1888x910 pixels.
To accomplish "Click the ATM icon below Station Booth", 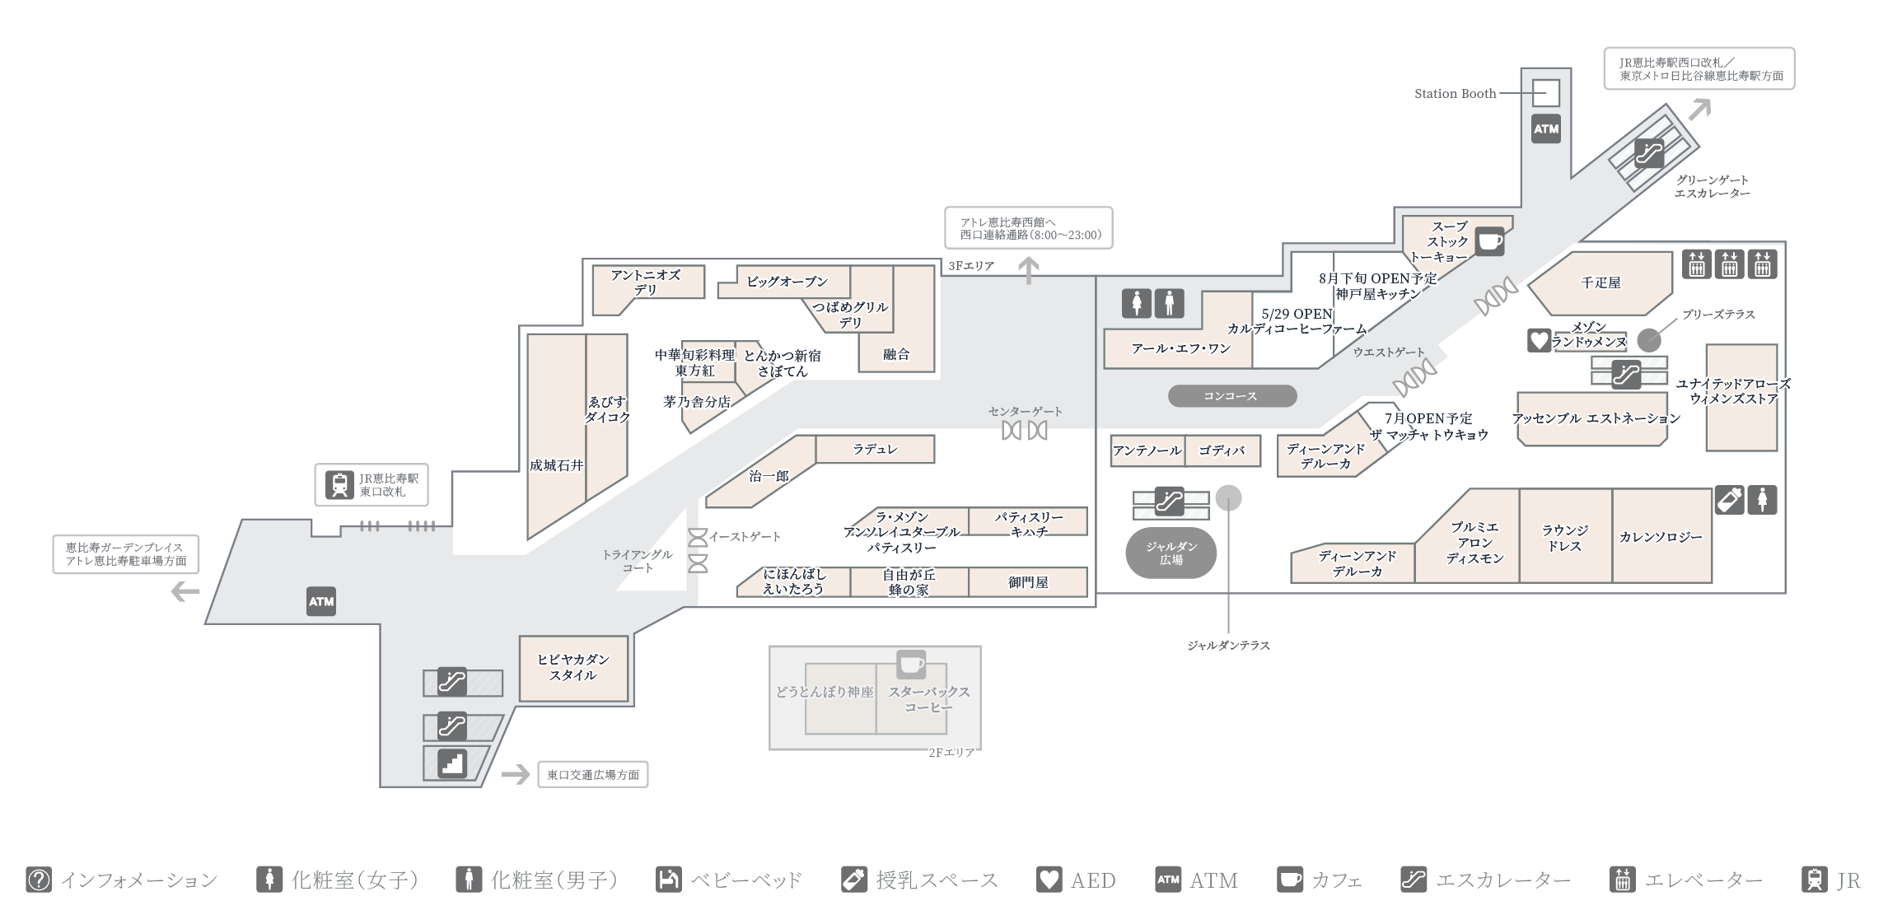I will click(x=1546, y=129).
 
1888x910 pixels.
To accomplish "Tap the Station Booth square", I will click(x=1546, y=93).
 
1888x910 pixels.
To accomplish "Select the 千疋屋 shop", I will click(x=1601, y=283).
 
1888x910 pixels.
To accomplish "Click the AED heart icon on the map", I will click(x=1539, y=340).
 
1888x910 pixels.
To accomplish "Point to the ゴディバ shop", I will click(x=1222, y=450).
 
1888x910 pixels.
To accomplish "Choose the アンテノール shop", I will click(x=1147, y=450).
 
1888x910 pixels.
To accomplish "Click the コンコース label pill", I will click(x=1231, y=396).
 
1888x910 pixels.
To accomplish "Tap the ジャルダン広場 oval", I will click(x=1171, y=553).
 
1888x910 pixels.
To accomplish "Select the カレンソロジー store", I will click(x=1661, y=537).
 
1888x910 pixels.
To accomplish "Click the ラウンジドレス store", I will click(x=1564, y=538).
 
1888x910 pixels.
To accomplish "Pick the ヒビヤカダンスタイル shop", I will click(x=573, y=668).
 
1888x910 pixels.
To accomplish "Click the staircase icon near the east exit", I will click(x=451, y=763).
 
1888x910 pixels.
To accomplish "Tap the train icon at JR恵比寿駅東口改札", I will click(x=339, y=485).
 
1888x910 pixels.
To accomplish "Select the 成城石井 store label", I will click(x=556, y=465).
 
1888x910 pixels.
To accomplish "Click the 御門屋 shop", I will click(x=1028, y=582).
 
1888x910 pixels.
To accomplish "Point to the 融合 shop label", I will click(x=896, y=354).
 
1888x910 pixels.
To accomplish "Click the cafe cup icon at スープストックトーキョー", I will click(x=1489, y=241).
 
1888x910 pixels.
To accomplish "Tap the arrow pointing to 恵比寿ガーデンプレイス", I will click(x=185, y=591).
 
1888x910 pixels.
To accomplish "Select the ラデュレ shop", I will click(x=875, y=450).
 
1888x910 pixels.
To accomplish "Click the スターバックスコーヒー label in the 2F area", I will click(x=928, y=699).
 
